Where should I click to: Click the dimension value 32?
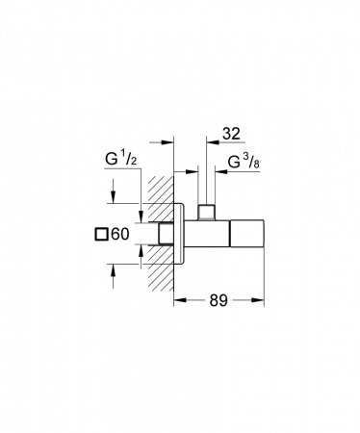[x=231, y=134]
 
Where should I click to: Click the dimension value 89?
[x=219, y=300]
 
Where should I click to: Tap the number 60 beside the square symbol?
[x=120, y=234]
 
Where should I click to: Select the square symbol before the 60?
[x=101, y=234]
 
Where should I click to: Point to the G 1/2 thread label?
[x=120, y=159]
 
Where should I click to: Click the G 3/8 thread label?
[x=244, y=163]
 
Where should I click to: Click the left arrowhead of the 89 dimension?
[x=180, y=300]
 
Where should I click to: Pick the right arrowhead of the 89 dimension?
[x=258, y=300]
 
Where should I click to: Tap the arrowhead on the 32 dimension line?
[x=213, y=141]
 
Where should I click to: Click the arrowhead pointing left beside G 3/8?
[x=221, y=172]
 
